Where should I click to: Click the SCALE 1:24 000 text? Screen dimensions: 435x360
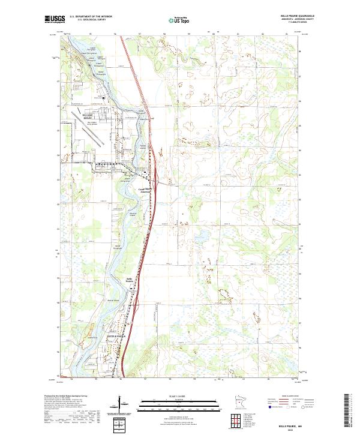[x=179, y=394]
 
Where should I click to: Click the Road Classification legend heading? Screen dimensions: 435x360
[x=290, y=395]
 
